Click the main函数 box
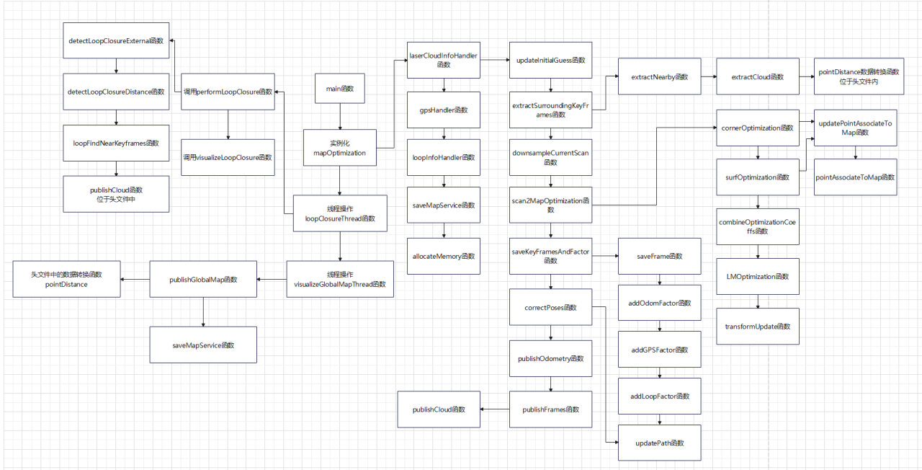[341, 89]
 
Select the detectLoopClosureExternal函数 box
[116, 41]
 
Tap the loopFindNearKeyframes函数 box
[116, 143]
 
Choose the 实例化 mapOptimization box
[339, 148]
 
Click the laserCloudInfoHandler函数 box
[444, 60]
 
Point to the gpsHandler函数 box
[444, 110]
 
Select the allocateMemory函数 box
[444, 256]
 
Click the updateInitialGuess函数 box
[550, 60]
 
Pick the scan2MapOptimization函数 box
[550, 205]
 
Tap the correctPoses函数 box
[550, 308]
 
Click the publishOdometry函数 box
[550, 358]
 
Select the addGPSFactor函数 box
[660, 350]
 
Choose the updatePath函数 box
[660, 443]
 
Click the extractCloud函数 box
[757, 76]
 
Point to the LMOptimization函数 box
[757, 276]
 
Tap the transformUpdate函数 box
[757, 327]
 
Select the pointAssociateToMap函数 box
[856, 177]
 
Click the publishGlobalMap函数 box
[203, 279]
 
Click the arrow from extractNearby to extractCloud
[709, 76]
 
